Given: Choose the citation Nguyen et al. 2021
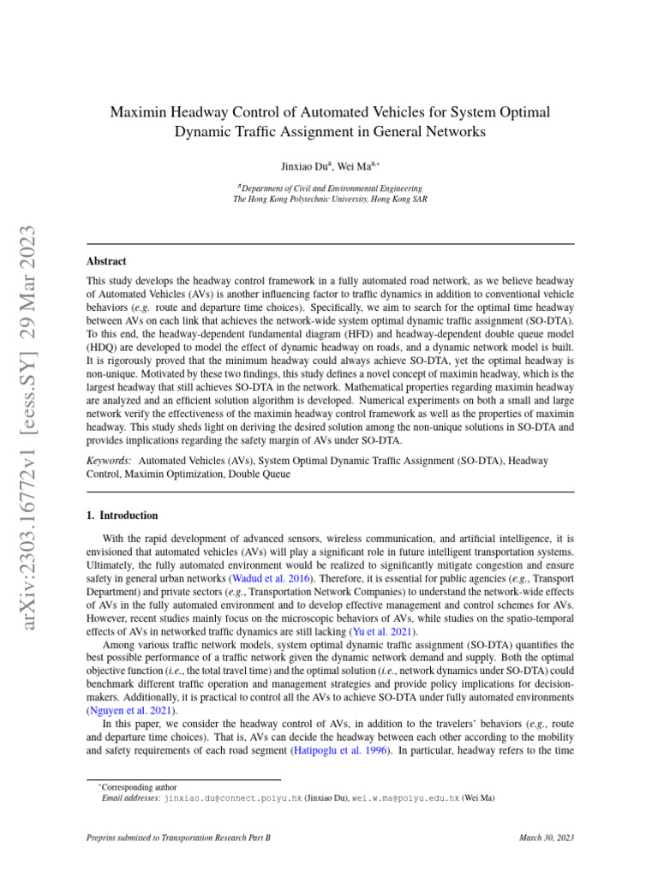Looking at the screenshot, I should (133, 710).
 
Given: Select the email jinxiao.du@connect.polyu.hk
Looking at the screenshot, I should (233, 796).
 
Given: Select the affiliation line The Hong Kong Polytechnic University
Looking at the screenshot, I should (330, 199).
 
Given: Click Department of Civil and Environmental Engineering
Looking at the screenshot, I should (331, 188).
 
